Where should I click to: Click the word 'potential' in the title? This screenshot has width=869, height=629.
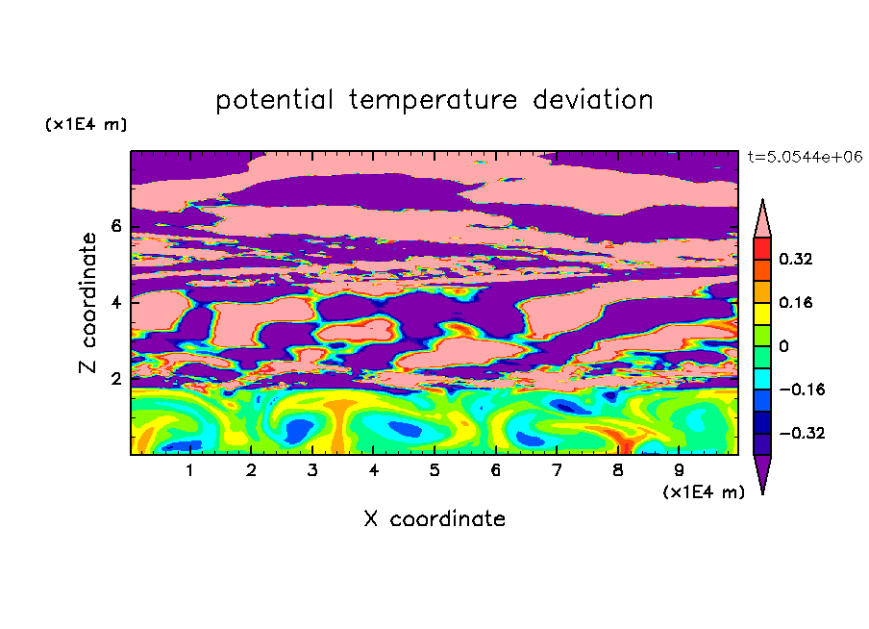pos(274,101)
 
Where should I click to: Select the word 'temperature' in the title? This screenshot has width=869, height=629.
pos(434,101)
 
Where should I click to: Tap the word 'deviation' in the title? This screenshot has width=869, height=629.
pos(593,100)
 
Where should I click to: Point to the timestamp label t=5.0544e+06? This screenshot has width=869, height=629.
pos(805,157)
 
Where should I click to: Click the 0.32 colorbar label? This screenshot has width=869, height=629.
pos(796,259)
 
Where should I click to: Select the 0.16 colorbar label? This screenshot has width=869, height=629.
pos(796,302)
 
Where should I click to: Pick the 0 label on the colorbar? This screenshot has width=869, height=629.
pos(783,346)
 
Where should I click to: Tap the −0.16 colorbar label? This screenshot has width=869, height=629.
pos(802,390)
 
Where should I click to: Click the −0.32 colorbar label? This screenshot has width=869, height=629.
pos(802,433)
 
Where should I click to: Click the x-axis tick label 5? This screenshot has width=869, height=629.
pos(434,470)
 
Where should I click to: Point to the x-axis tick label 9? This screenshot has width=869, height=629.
pos(679,470)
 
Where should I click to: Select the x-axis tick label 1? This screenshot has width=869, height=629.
pos(189,470)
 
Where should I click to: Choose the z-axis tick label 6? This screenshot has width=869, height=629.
pos(115,226)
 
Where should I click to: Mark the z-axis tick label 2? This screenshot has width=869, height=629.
pos(115,379)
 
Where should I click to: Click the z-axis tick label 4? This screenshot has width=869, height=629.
pos(115,303)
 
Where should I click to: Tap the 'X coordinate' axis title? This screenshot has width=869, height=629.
pos(434,518)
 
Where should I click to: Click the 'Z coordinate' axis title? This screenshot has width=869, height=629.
pos(88,303)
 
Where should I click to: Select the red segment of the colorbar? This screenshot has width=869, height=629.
pos(762,248)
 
